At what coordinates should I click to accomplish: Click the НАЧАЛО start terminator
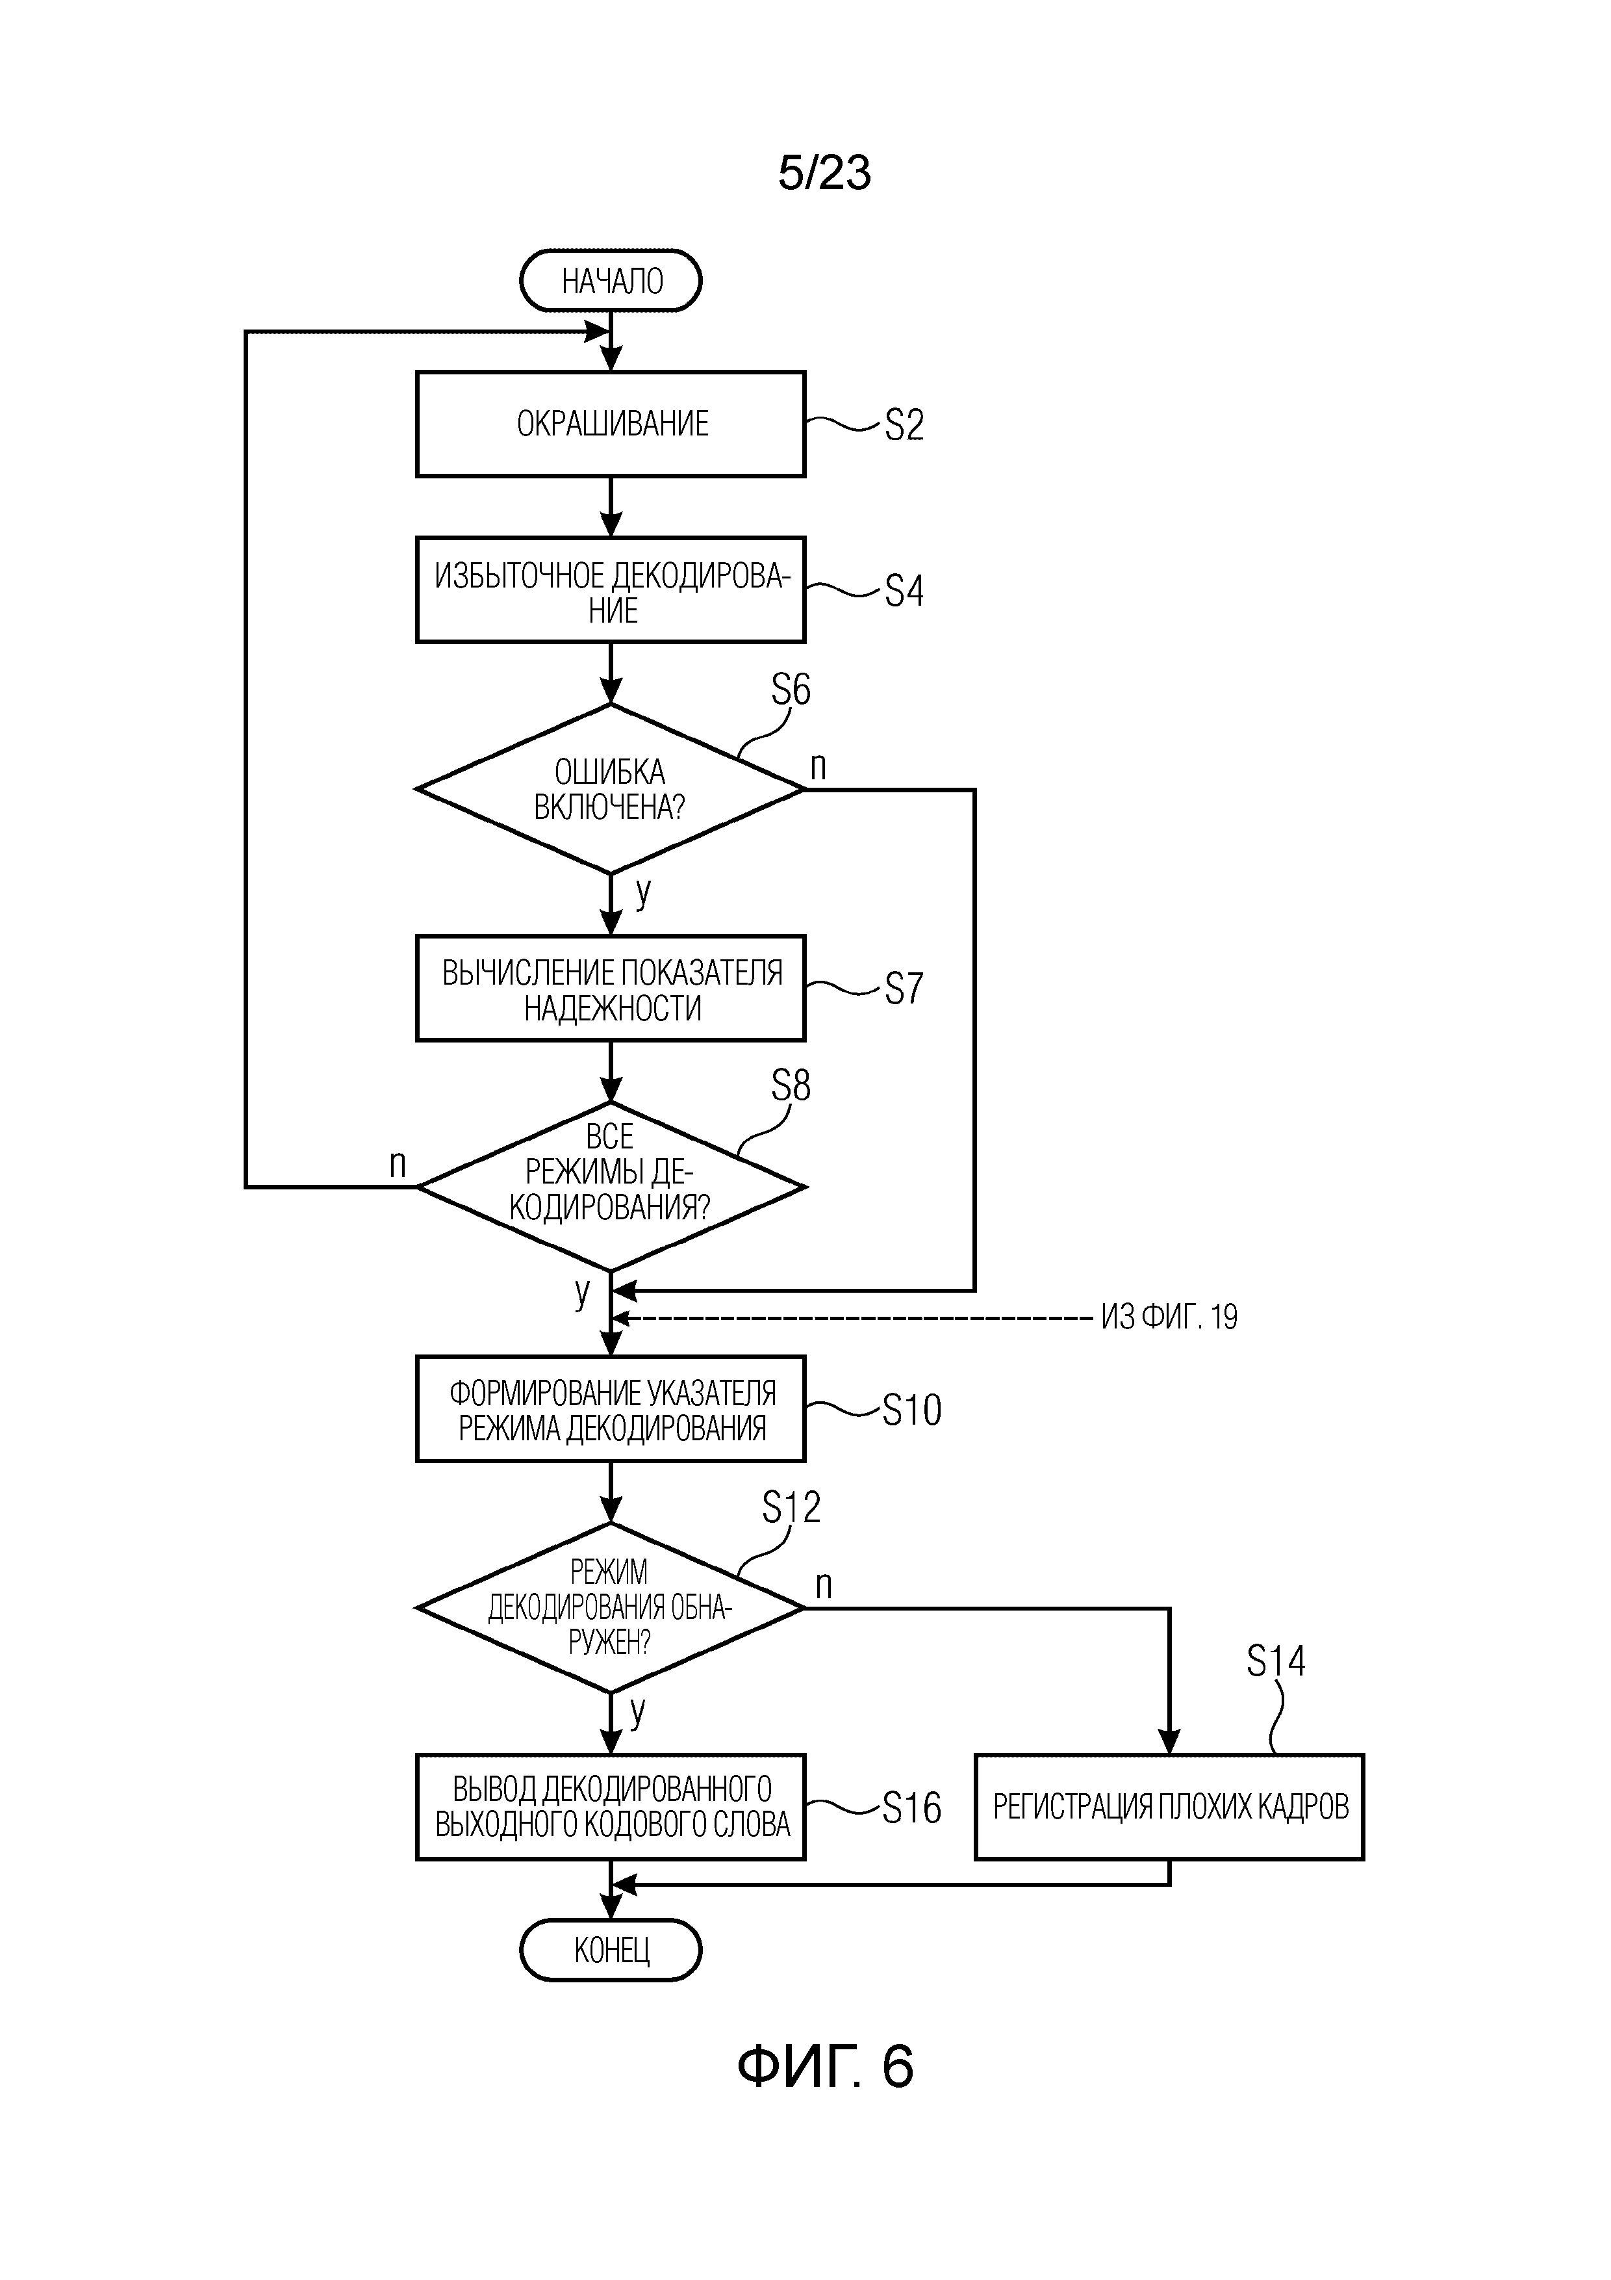coord(611,281)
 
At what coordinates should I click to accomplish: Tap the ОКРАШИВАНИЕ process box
coord(611,424)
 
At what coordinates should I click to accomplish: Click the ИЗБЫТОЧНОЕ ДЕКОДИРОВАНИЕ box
coord(611,590)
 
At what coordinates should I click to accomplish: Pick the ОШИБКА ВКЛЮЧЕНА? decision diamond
coord(611,790)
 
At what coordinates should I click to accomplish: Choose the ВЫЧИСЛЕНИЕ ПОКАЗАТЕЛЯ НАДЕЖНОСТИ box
coord(611,989)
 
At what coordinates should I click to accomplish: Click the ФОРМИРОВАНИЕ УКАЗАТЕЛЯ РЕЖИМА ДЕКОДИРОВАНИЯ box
coord(611,1409)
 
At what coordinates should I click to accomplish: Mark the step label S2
coord(904,425)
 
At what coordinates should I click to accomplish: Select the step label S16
coord(911,1807)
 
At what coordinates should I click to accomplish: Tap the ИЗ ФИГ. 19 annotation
coord(1168,1317)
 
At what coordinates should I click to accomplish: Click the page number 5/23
coord(824,173)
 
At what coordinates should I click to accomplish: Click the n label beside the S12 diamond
coord(823,1585)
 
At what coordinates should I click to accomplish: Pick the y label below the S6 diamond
coord(643,891)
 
